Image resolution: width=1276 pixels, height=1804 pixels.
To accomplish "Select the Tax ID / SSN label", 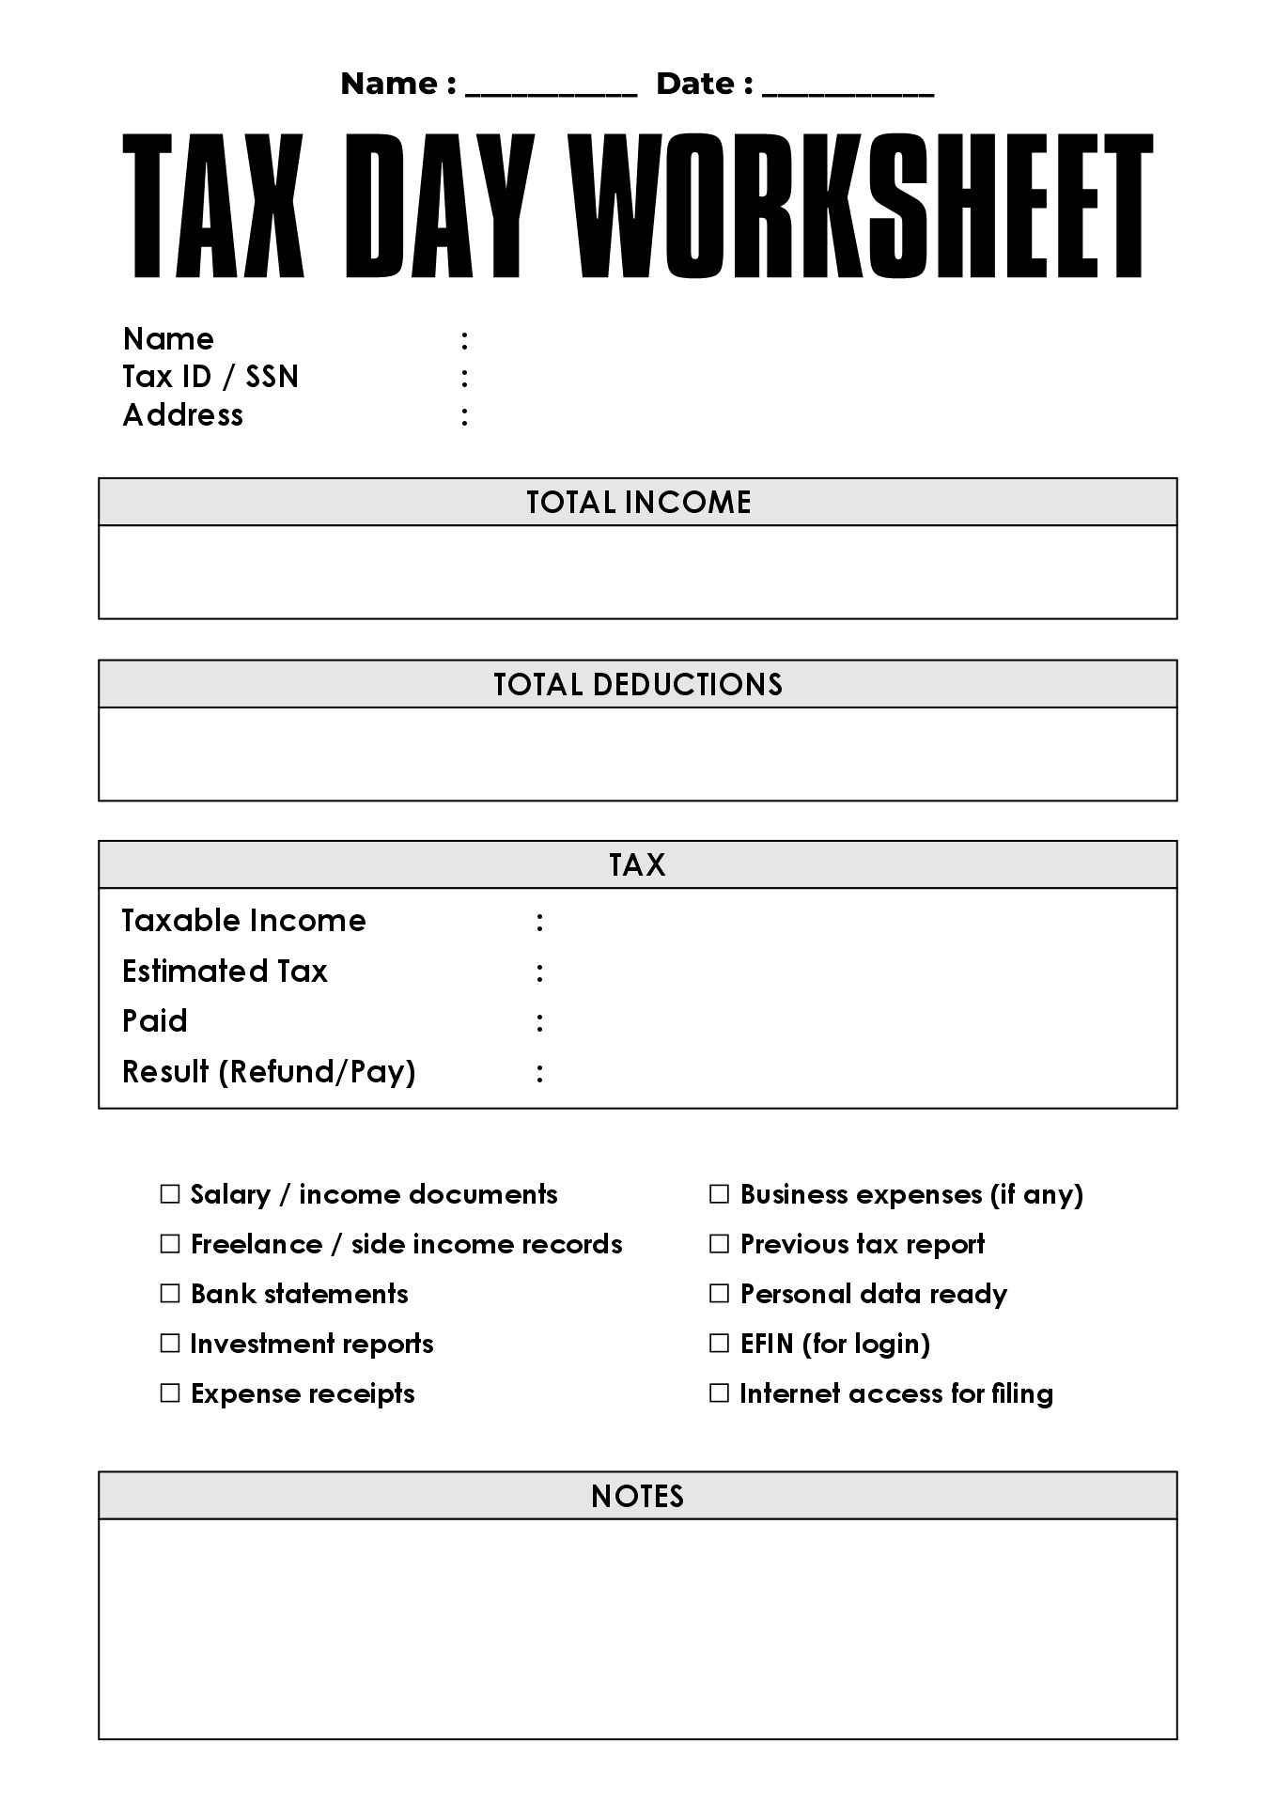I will (x=210, y=377).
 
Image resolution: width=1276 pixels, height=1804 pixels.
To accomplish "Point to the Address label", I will (x=183, y=415).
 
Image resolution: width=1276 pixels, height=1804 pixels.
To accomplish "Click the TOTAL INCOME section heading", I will (x=638, y=503).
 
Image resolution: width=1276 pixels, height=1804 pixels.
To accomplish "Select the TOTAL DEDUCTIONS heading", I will (x=638, y=684).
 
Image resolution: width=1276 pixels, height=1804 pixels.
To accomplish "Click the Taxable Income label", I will (x=244, y=921).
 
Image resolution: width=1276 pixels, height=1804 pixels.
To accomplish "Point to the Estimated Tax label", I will (x=225, y=971).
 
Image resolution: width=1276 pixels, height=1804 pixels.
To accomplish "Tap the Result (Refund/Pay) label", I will (x=269, y=1071).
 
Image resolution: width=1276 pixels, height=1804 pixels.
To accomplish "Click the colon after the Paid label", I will (x=539, y=1021).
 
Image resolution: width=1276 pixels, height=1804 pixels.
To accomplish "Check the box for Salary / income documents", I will (x=170, y=1194).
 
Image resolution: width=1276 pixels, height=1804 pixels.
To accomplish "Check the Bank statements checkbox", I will (x=170, y=1294).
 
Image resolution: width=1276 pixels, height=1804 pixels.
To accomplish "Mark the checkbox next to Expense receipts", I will (x=170, y=1393).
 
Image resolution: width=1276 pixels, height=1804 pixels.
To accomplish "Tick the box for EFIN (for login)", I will (x=720, y=1344).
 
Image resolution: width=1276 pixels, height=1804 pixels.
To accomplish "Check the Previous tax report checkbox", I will (x=720, y=1244).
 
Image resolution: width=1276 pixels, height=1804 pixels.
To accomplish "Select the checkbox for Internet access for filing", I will (x=720, y=1393).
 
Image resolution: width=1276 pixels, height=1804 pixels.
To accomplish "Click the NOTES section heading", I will (x=638, y=1496).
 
